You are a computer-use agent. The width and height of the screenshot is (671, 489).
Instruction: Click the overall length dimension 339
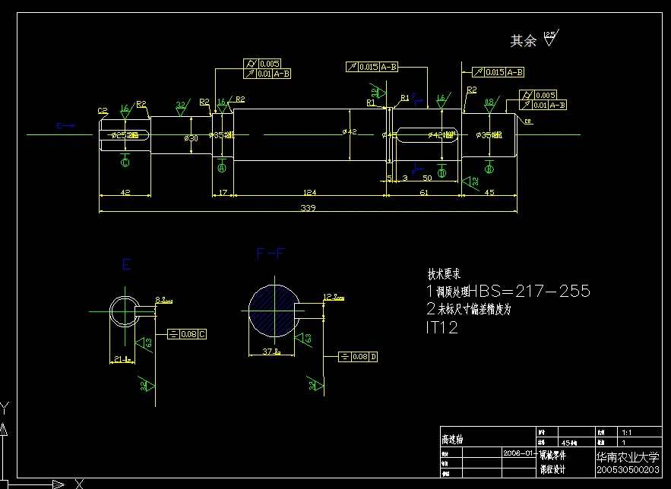(x=308, y=207)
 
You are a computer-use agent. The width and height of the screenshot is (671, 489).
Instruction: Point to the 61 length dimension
(x=424, y=193)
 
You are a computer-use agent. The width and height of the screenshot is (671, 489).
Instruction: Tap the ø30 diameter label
(x=191, y=137)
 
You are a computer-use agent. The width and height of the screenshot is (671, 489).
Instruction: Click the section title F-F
(x=271, y=254)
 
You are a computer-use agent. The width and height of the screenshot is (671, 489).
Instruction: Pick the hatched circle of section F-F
(x=270, y=311)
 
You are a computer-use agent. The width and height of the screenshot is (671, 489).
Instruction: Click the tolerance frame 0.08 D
(x=357, y=356)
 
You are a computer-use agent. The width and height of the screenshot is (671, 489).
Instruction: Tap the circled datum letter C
(x=125, y=162)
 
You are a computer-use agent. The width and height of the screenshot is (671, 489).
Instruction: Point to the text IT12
(x=442, y=327)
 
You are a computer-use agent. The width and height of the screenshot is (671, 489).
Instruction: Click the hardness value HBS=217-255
(x=529, y=291)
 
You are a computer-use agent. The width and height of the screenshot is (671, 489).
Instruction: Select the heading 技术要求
(x=444, y=274)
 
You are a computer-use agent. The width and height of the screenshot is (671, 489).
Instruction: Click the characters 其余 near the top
(x=523, y=40)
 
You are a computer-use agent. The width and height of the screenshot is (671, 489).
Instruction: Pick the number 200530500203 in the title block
(x=627, y=472)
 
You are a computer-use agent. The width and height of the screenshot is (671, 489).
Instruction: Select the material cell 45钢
(x=569, y=442)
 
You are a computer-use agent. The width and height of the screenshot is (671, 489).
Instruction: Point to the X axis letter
(x=78, y=482)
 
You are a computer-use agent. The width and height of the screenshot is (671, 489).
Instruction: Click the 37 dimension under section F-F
(x=269, y=352)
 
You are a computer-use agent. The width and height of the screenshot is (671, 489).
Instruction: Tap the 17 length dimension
(x=222, y=193)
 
